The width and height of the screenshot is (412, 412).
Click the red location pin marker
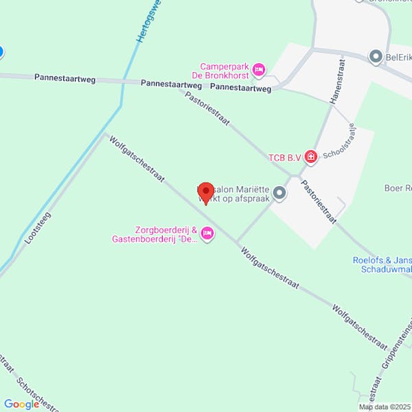203,194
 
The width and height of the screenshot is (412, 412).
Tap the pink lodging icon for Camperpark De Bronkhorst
259,69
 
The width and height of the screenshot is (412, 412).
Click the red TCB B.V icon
311,157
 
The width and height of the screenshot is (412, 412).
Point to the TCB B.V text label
284,158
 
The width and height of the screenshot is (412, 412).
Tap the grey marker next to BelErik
375,57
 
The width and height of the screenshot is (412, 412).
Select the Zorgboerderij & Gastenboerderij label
156,235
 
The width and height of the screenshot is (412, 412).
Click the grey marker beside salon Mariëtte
279,194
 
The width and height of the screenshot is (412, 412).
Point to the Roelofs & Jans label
382,264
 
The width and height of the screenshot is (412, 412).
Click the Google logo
21,404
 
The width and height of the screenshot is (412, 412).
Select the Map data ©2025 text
383,407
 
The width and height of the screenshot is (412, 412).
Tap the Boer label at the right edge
398,187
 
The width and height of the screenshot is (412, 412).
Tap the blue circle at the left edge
1,51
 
